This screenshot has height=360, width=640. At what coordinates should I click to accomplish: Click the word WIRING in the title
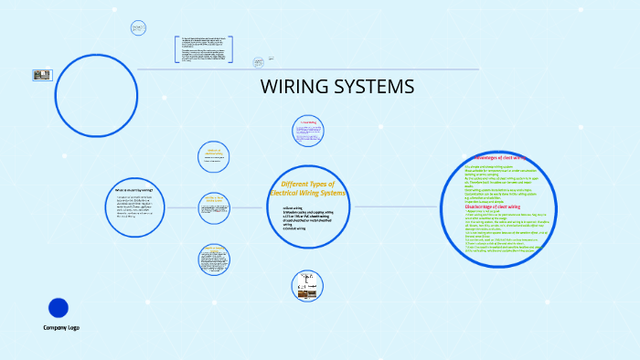295,88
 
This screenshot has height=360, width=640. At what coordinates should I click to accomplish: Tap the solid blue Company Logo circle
58,308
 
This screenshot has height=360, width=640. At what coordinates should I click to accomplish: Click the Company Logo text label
61,327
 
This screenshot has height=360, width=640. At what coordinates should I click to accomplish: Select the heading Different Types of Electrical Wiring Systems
308,189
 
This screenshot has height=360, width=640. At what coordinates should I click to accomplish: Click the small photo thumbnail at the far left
42,76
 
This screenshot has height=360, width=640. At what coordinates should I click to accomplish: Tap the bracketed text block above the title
203,50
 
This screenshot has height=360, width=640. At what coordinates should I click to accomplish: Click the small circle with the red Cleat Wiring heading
309,131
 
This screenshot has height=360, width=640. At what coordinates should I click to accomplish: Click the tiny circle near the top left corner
138,27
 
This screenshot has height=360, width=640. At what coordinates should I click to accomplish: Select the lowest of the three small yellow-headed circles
215,259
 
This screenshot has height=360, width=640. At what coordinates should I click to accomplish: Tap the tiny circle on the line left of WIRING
259,62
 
